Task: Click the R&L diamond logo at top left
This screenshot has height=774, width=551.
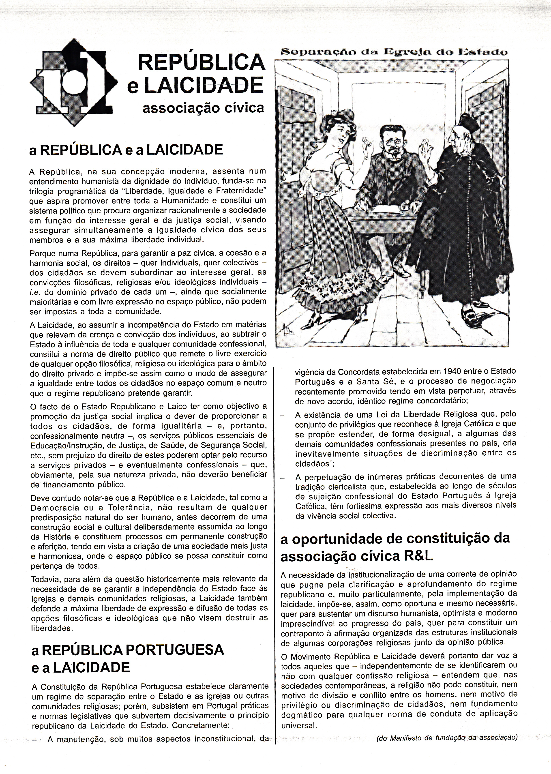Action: (x=74, y=82)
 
